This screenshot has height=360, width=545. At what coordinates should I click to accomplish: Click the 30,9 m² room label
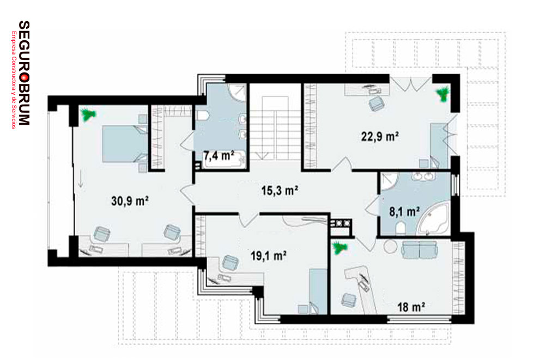[130, 201]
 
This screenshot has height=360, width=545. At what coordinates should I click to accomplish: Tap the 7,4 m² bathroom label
[219, 155]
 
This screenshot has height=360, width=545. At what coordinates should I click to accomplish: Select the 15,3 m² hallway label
[280, 191]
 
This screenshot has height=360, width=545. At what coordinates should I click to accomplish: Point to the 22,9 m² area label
[380, 136]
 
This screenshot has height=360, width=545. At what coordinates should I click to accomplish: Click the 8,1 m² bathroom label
[404, 211]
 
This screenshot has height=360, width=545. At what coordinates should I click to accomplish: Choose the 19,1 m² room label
[269, 256]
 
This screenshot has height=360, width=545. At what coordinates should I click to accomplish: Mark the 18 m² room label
[411, 307]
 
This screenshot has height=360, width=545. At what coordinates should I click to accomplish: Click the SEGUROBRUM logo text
[23, 73]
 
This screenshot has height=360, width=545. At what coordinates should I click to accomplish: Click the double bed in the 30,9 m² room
[125, 144]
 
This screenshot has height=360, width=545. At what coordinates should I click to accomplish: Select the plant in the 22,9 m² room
[443, 94]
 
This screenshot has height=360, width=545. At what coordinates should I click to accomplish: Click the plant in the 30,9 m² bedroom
[88, 115]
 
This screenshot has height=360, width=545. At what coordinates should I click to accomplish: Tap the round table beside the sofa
[391, 247]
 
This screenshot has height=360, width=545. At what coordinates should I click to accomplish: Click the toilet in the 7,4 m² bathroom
[202, 115]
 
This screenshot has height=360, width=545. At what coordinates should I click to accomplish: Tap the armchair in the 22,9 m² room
[376, 103]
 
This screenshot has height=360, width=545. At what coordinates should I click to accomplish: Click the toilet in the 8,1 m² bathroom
[400, 229]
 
